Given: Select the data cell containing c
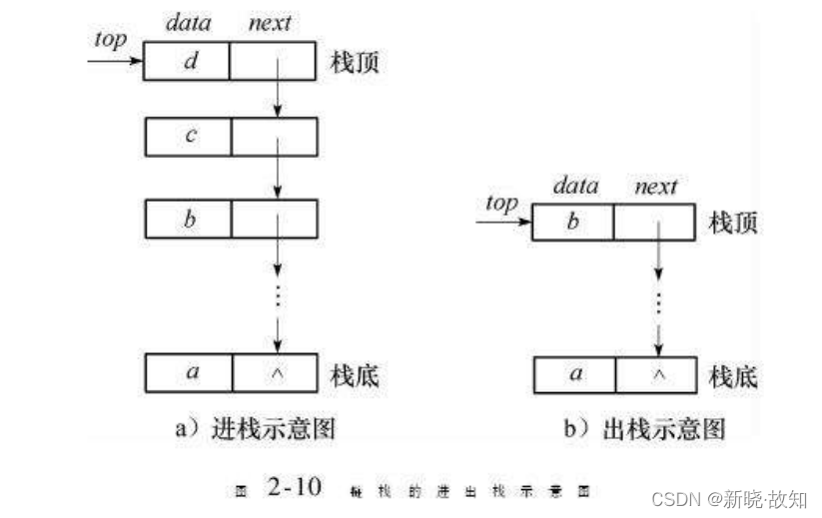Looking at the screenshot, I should click(x=188, y=137).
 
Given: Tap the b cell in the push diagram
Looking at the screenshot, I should click(x=188, y=219).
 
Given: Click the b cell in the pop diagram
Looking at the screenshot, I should click(x=572, y=222).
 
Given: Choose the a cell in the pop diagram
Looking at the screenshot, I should click(x=574, y=374).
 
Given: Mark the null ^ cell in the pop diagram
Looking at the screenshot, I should click(x=655, y=374).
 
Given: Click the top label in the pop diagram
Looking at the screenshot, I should click(x=500, y=203).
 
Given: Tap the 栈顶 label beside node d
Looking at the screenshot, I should click(x=355, y=62).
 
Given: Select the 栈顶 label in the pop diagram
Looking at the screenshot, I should click(x=732, y=222).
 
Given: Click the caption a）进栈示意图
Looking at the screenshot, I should click(x=254, y=429).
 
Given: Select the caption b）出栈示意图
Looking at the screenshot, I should click(x=644, y=429).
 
